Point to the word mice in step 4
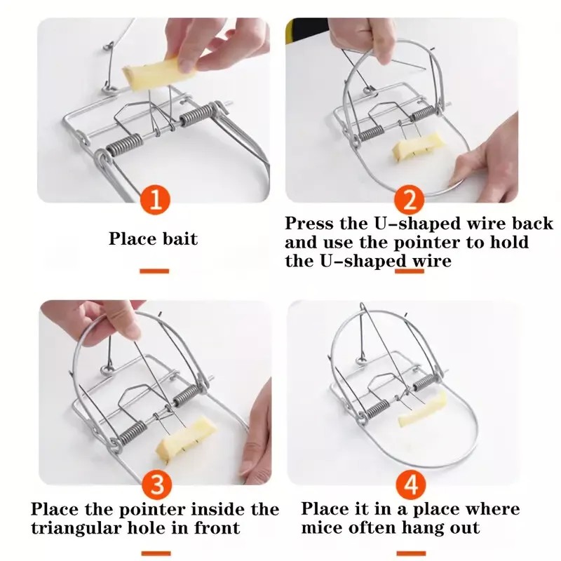(322, 528)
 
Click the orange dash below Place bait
(154, 270)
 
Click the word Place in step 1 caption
(130, 238)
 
